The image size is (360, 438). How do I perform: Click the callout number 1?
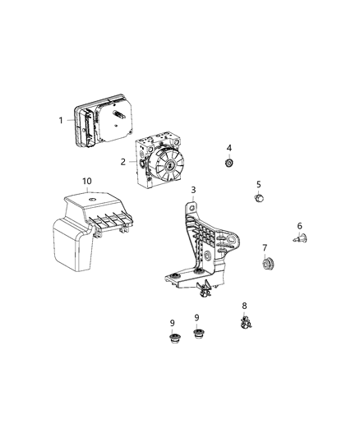61,121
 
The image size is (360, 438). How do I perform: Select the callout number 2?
123,162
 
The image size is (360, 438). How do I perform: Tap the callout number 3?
193,190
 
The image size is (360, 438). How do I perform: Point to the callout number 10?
87,181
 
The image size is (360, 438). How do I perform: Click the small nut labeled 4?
229,163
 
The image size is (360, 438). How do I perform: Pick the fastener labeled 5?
259,198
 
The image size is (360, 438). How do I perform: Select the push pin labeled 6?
300,238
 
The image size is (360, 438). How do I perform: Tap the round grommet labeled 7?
268,264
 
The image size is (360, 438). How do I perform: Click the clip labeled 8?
245,323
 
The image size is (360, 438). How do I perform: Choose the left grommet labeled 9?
174,338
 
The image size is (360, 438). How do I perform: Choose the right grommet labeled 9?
198,334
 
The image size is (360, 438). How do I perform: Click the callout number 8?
244,306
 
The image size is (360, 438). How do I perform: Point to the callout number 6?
300,225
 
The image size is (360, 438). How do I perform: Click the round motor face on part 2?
170,166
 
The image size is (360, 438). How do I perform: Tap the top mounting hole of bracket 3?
192,208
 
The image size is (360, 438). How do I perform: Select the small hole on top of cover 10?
91,200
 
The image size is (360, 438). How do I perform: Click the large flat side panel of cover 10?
72,245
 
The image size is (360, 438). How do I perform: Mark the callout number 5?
259,184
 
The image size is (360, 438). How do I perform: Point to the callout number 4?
229,148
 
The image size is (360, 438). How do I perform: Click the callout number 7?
265,248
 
